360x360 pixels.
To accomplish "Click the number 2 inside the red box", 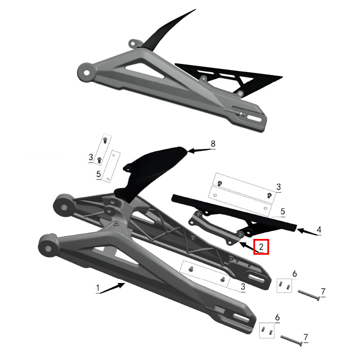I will tap(261, 247).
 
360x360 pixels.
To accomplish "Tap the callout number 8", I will tap(213, 144).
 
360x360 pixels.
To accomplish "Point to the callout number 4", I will tap(319, 230).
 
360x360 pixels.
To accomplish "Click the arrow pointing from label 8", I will tap(198, 150).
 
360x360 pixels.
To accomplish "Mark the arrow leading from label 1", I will tap(112, 288).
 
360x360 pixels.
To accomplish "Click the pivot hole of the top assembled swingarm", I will tap(85, 71).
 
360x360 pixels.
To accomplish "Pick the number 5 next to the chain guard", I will tap(283, 211).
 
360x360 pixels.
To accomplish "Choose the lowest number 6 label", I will tap(277, 318).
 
